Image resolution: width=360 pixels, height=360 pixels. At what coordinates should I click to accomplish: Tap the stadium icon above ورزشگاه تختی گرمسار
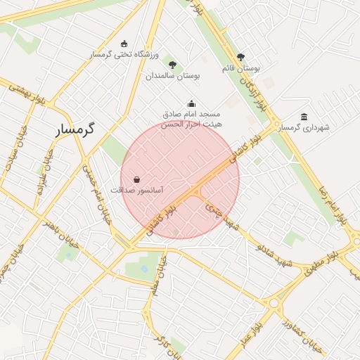pyautogui.click(x=125, y=44)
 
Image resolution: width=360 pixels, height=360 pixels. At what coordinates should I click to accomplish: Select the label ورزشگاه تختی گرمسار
pyautogui.click(x=125, y=55)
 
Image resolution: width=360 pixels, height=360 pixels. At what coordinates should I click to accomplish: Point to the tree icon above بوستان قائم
pyautogui.click(x=241, y=57)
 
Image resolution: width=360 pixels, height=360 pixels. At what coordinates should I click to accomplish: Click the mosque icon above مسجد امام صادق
pyautogui.click(x=192, y=103)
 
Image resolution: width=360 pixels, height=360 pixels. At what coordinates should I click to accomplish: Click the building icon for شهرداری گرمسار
pyautogui.click(x=304, y=117)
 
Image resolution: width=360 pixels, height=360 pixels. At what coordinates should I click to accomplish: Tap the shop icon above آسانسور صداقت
pyautogui.click(x=136, y=179)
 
